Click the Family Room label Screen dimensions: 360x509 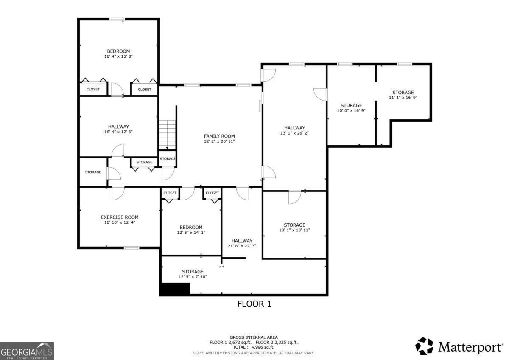pos(219,136)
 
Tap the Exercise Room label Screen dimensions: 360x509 pos(120,217)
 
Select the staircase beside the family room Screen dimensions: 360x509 pos(168,134)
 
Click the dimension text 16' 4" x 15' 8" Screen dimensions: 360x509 pos(118,56)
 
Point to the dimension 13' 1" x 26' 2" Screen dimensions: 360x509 pos(294,133)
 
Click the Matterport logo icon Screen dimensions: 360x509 pos(424,346)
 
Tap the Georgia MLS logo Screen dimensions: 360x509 pos(27,351)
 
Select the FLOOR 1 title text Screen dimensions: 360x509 pos(254,304)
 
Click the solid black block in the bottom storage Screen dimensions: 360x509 pos(174,289)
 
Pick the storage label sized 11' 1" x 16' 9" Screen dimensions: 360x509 pos(403,93)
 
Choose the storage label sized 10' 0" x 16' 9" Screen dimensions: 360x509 pos(351,105)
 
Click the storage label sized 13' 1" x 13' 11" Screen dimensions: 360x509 pos(294,225)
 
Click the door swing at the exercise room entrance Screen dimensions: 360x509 pos(117,193)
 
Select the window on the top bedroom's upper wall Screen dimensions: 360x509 pos(117,19)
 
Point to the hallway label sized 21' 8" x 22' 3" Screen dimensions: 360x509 pos(242,241)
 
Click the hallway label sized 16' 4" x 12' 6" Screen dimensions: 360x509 pos(118,127)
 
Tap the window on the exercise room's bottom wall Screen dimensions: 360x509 pos(131,247)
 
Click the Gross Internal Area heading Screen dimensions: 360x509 pos(254,337)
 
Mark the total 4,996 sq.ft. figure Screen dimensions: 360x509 pos(254,347)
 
